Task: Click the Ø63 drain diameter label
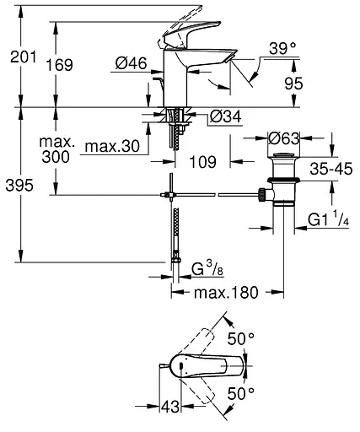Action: pyautogui.click(x=285, y=137)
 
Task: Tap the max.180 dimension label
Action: pyautogui.click(x=227, y=292)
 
